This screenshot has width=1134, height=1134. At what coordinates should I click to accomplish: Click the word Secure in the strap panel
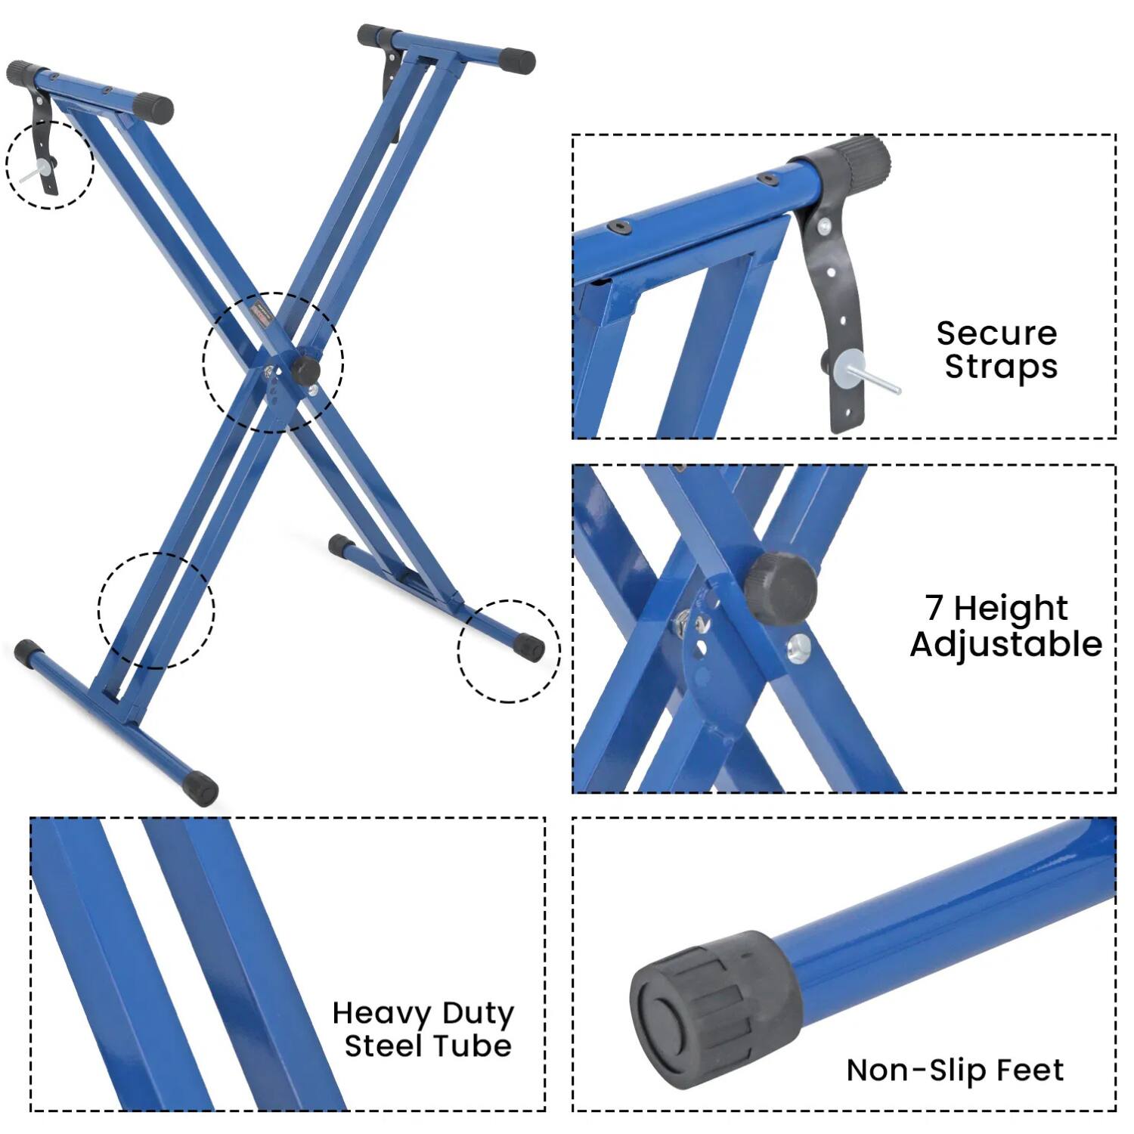tap(996, 333)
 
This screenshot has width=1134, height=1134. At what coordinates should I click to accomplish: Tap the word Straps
tap(1001, 367)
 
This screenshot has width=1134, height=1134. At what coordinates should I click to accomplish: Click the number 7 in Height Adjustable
tap(934, 607)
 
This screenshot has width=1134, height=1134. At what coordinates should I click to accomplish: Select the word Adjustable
tap(1006, 645)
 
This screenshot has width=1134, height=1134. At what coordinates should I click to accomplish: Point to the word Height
tap(1011, 609)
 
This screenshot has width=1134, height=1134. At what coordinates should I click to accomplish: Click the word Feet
tap(1030, 1070)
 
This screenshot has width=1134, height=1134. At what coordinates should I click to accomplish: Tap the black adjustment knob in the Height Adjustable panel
tap(780, 588)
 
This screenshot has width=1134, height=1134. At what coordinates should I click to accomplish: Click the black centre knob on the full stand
tap(306, 370)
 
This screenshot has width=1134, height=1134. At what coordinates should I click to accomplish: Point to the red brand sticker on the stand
tap(262, 313)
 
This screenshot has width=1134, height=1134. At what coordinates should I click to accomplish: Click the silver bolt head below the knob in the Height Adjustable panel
tap(798, 647)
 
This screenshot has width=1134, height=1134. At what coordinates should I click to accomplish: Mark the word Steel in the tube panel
tap(382, 1046)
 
